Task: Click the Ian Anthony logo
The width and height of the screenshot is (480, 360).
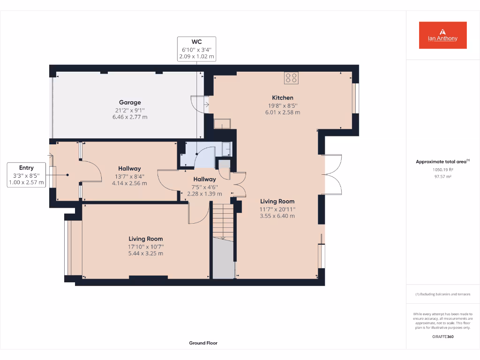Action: pos(442,35)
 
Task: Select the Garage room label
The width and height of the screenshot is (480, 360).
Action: pos(130,102)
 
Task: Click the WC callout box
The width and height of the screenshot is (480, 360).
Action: pos(196,49)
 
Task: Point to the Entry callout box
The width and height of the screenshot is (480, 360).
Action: pos(26,175)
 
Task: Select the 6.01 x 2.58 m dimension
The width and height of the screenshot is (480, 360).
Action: pos(283,112)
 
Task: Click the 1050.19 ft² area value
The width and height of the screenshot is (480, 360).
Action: pos(442,170)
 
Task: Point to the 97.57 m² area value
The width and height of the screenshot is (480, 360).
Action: pos(442,177)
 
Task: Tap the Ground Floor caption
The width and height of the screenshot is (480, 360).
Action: pos(203,343)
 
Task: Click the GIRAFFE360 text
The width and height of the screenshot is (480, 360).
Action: pos(442,337)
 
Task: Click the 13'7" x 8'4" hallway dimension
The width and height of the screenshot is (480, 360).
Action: pos(129,176)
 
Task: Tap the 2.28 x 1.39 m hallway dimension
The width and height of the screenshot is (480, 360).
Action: pos(204,194)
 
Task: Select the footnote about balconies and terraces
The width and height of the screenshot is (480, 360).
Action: pos(442,294)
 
